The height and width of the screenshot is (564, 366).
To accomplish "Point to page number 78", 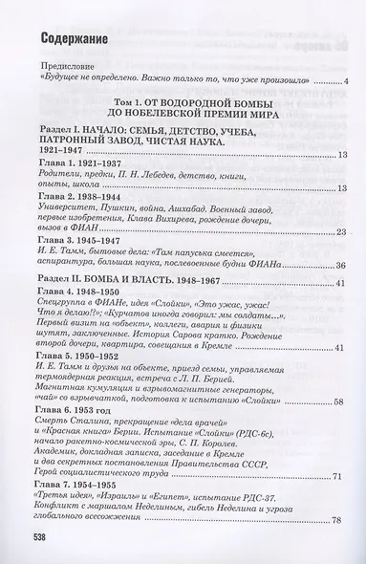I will coord(344,549).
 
